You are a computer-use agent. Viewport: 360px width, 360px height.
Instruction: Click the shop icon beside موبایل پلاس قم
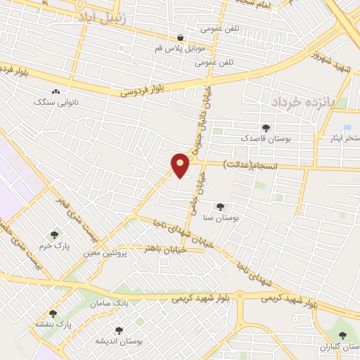pyautogui.click(x=180, y=39)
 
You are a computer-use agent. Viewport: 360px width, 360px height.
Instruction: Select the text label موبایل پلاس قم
pyautogui.click(x=180, y=51)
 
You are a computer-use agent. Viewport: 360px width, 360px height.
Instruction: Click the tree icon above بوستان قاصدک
pyautogui.click(x=265, y=127)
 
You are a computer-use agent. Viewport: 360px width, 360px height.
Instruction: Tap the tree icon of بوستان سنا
pyautogui.click(x=221, y=207)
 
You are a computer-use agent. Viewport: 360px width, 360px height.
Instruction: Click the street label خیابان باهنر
pyautogui.click(x=164, y=249)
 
